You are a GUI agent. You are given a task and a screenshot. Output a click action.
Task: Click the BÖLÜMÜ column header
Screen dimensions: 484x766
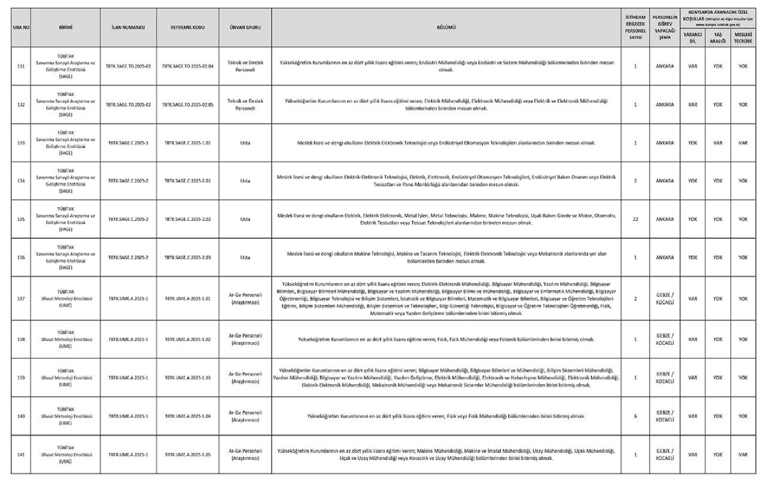tap(446, 27)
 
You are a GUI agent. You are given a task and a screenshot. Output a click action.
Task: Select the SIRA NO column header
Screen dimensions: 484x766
tap(21, 27)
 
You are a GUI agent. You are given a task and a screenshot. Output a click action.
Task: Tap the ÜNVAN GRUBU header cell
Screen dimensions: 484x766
tap(245, 27)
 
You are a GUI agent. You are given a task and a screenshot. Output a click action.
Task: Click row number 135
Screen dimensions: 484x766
tap(21, 219)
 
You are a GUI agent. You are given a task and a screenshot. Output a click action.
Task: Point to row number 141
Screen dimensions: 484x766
tap(21, 455)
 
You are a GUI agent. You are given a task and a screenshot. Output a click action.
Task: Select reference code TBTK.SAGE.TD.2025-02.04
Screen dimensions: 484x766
tap(188, 66)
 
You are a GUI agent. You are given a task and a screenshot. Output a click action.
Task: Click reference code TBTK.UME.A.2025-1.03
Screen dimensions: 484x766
tap(188, 378)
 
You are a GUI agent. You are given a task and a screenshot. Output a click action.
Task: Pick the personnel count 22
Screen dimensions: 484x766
tap(635, 219)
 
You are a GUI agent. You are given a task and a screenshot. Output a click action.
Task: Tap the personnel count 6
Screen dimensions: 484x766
tap(635, 416)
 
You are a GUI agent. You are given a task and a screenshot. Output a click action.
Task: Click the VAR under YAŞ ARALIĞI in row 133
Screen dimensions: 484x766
tap(717, 143)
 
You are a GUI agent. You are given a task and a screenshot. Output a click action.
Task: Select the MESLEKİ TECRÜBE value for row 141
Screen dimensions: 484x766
tap(743, 455)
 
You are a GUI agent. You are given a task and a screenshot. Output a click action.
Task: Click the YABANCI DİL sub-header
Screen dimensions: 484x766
tap(692, 38)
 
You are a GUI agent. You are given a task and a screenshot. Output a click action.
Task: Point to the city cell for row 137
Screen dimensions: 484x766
tap(665, 299)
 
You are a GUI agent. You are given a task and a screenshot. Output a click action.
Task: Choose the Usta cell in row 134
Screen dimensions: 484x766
tap(245, 181)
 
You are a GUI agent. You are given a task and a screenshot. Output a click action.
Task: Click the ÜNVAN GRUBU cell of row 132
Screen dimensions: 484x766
tap(245, 105)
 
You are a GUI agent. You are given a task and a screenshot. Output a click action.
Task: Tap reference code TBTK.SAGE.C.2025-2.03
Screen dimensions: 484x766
tap(188, 257)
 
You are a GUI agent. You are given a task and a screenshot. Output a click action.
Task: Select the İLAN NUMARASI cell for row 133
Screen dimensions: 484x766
tap(128, 143)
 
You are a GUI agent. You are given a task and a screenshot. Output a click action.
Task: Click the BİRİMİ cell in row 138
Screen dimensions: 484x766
tap(66, 339)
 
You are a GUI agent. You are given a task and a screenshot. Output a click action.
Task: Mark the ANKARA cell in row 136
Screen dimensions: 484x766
tap(665, 257)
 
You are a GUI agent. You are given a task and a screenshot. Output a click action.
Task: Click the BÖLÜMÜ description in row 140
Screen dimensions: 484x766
tap(446, 416)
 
